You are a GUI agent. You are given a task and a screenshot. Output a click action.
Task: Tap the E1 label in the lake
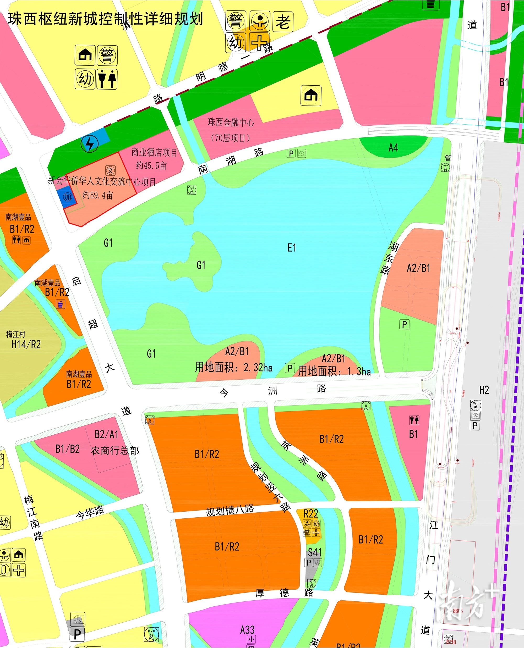tap(291, 248)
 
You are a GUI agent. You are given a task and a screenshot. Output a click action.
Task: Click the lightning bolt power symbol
tap(90, 143)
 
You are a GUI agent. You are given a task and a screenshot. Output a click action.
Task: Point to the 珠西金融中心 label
tap(231, 123)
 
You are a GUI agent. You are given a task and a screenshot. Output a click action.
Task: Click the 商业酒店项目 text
tap(154, 153)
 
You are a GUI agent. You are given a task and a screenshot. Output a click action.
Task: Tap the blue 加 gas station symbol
tap(67, 197)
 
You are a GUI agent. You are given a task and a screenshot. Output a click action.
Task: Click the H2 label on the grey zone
tap(484, 390)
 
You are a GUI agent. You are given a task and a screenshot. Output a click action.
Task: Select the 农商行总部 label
tap(115, 451)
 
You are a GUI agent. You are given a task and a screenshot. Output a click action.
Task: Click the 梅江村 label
tap(16, 334)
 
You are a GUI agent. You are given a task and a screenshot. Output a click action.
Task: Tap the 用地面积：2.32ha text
tap(234, 367)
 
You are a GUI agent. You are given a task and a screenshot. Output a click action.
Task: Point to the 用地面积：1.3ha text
tap(334, 371)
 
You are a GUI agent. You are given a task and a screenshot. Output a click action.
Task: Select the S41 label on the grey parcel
tap(314, 553)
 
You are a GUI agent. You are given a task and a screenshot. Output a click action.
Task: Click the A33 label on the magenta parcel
tap(247, 630)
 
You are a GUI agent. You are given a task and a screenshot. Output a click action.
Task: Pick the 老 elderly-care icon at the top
tap(283, 21)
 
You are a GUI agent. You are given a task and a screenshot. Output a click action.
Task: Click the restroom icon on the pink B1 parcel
tap(414, 420)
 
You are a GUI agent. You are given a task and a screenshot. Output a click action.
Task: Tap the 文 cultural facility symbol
tap(110, 170)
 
